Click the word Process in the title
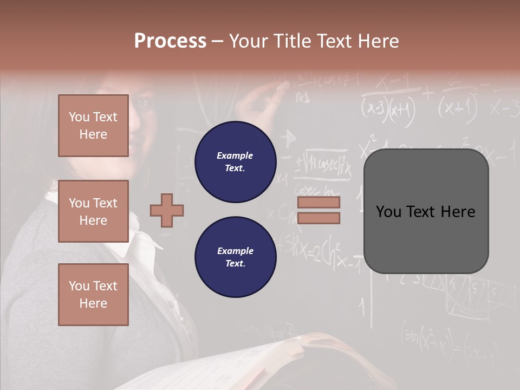[170, 41]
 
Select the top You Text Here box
[93, 126]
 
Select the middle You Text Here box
[93, 211]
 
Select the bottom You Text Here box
[93, 294]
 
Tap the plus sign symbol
[167, 210]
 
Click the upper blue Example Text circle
[235, 162]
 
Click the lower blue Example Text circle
[235, 257]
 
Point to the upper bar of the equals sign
[318, 202]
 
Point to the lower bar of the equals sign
[318, 218]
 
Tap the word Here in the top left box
[93, 134]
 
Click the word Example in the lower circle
[235, 251]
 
